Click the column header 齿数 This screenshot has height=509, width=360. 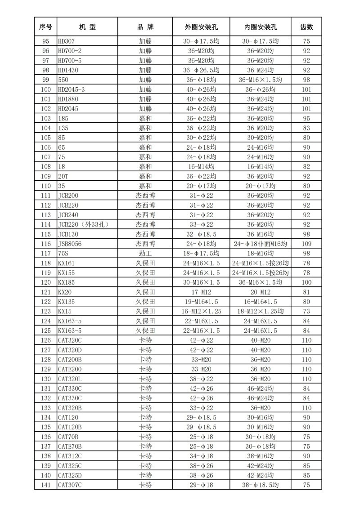tap(306, 27)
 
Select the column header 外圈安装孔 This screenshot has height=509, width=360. tap(201, 27)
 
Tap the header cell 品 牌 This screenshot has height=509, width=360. tap(145, 27)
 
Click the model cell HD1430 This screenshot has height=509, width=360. tap(68, 70)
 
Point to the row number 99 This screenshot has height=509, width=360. tap(45, 80)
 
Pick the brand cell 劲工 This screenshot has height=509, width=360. tap(145, 253)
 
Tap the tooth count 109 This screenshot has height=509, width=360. tap(306, 243)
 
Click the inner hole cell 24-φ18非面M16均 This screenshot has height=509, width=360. tap(261, 243)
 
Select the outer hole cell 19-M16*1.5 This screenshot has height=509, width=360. tap(201, 301)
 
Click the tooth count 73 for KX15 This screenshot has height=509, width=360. tap(306, 311)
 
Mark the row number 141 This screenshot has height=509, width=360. tap(45, 485)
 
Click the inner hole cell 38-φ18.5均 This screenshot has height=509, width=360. tap(261, 485)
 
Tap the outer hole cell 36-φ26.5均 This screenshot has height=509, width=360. tap(201, 70)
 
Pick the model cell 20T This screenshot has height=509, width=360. tap(63, 176)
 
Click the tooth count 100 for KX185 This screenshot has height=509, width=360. tap(306, 282)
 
